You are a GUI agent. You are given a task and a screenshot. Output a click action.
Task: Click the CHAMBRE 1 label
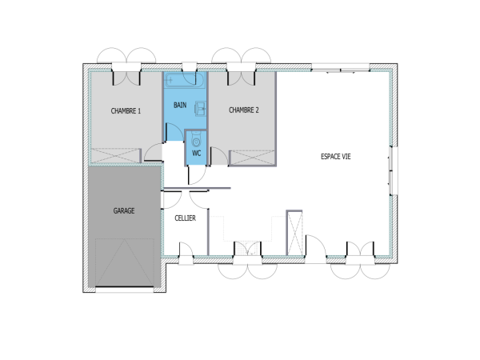(126, 111)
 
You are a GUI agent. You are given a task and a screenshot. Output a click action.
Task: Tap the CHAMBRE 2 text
(243, 110)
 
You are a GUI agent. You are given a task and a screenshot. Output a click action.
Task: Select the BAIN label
(181, 105)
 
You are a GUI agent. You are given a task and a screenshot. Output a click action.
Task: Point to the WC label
(196, 153)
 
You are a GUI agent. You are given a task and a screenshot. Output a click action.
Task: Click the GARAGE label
(123, 211)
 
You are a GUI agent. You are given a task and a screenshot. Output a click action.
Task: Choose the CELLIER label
(186, 218)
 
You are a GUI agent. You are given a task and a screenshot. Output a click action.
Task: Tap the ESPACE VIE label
(335, 157)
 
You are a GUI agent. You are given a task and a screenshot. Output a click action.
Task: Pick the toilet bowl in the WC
(197, 140)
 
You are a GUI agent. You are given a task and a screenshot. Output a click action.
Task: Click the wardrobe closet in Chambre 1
(117, 157)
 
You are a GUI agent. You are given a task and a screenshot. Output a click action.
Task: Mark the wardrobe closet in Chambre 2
(253, 158)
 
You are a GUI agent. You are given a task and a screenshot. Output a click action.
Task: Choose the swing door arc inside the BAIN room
(171, 153)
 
